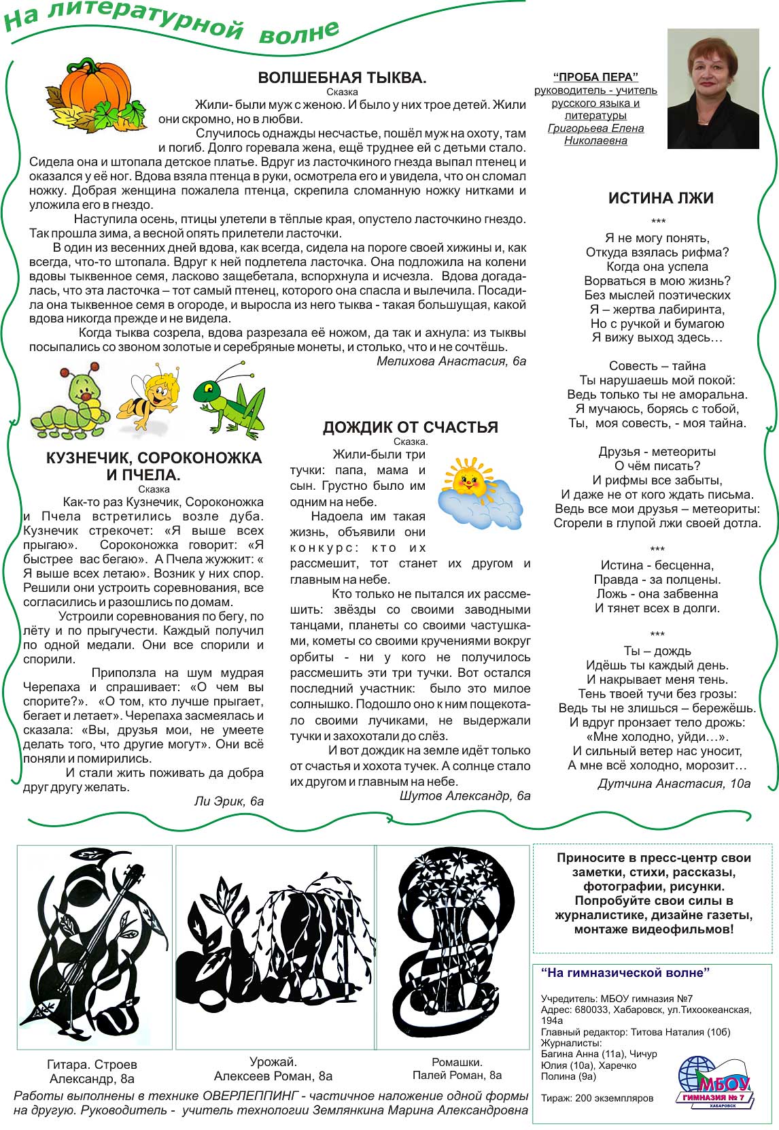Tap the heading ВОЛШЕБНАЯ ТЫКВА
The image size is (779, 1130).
pos(342,78)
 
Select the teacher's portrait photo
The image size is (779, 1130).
pos(712,88)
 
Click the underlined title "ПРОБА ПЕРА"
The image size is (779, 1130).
pos(595,77)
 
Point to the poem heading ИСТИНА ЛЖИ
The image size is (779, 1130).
pos(661,198)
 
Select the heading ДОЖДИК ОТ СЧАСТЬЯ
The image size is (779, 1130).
pos(410,427)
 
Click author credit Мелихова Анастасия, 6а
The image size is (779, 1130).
pos(451,361)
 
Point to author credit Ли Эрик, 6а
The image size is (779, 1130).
pos(229,801)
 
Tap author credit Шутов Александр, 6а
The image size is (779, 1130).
pos(465,796)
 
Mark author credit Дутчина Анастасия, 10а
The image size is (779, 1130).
pos(674,784)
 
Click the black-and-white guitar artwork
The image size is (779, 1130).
pos(94,946)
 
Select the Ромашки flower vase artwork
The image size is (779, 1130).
pos(453,946)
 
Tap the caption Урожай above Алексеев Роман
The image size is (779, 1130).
pos(273,1062)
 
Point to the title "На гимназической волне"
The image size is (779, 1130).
pos(625,973)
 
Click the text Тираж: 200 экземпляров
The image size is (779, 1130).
pos(597,1098)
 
